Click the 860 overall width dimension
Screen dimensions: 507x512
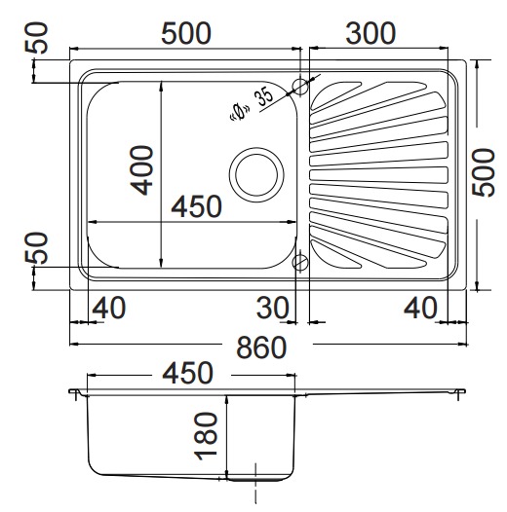[261, 347]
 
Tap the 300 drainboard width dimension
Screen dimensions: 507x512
[370, 33]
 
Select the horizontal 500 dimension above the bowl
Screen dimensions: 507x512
[186, 33]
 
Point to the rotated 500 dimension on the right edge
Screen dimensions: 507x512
[485, 172]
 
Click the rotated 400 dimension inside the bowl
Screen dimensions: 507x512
[141, 170]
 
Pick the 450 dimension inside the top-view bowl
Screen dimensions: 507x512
[197, 206]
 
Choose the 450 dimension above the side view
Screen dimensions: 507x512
[188, 373]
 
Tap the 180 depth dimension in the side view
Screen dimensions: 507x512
[206, 436]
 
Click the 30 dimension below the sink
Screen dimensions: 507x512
[272, 308]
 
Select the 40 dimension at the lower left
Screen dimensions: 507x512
[109, 308]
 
